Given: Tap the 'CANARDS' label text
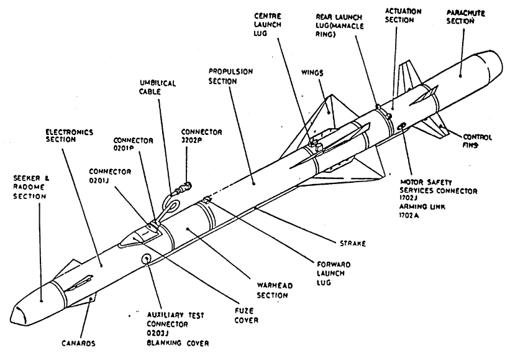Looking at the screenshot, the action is tap(78, 343).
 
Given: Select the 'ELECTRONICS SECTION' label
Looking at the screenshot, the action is tap(70, 136).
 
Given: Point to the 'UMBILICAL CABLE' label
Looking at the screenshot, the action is tap(158, 87).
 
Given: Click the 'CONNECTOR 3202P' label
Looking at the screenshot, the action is tap(202, 136).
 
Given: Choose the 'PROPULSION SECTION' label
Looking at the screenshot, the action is tap(230, 76).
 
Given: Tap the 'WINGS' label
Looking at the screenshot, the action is tap(312, 72).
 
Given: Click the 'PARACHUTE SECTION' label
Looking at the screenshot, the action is tap(465, 17).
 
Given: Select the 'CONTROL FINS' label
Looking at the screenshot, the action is tap(477, 141).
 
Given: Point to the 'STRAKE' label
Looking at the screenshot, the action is tap(353, 244).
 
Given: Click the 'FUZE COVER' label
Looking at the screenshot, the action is tap(247, 315).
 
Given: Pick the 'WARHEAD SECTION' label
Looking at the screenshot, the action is tap(275, 290).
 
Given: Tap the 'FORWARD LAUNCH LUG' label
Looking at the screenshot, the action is tap(334, 274).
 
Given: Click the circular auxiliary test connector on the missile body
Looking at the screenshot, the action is tap(146, 259).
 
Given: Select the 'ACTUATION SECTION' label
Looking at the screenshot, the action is tap(403, 16).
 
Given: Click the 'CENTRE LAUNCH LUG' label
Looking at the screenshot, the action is tap(267, 24).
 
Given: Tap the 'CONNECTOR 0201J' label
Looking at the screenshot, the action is tap(110, 175).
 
